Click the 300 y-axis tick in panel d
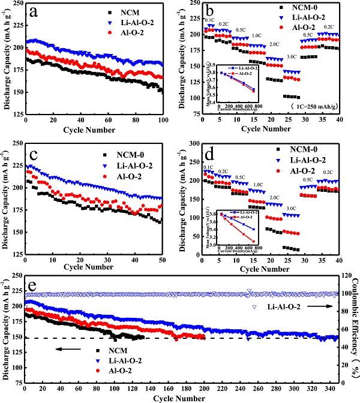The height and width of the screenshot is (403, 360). (x=196, y=143)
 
